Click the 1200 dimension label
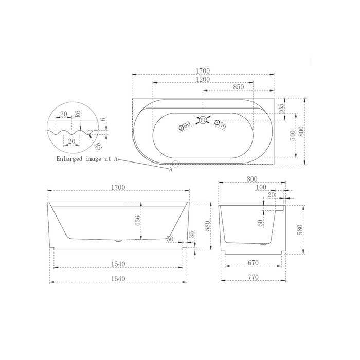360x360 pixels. (x=203, y=79)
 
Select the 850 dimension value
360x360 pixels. (x=238, y=87)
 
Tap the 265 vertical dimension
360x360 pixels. (x=281, y=109)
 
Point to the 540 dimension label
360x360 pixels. (x=292, y=135)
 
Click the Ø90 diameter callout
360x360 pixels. (x=185, y=127)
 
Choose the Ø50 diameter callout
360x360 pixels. (x=221, y=124)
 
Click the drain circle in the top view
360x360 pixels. (x=203, y=120)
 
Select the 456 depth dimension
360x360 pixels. (x=137, y=221)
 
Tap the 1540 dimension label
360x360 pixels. (x=118, y=264)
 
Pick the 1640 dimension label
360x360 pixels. (x=118, y=279)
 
